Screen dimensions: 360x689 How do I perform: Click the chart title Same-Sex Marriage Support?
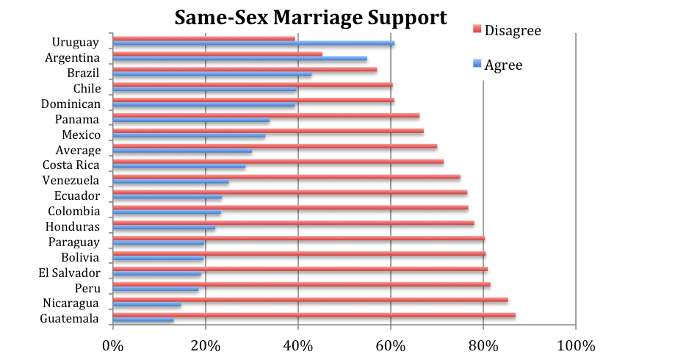[310, 17]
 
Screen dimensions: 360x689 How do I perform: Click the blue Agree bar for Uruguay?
[253, 43]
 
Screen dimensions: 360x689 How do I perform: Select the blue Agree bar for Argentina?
[239, 59]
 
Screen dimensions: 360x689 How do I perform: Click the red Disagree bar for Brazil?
[245, 70]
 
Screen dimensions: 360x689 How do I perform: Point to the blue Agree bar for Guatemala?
[143, 320]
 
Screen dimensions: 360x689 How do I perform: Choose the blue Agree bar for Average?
[182, 151]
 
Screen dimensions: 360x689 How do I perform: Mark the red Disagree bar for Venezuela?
[286, 177]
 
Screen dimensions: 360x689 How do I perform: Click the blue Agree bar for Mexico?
[189, 136]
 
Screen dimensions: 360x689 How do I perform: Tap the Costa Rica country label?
[71, 165]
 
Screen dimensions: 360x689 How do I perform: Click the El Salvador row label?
[70, 273]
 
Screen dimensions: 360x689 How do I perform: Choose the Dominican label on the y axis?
[71, 104]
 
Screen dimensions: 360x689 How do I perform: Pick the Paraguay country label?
[74, 242]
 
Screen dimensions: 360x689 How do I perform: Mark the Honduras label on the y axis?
[73, 227]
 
